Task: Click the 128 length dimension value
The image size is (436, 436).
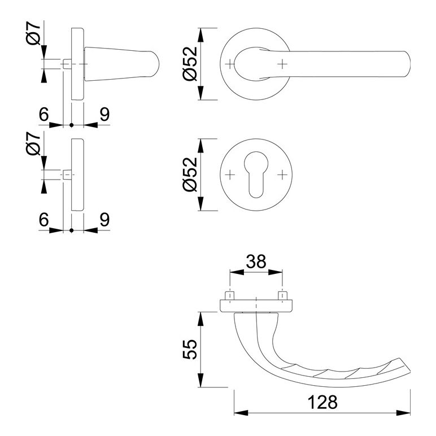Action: click(322, 402)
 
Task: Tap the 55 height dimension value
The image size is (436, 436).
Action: click(190, 349)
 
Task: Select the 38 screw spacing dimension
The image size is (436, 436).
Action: click(256, 261)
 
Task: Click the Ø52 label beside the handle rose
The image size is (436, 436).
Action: click(190, 64)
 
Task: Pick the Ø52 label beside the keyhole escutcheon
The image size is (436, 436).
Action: click(190, 175)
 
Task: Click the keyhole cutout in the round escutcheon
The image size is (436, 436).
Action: click(256, 175)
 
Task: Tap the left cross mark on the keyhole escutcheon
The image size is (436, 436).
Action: click(230, 175)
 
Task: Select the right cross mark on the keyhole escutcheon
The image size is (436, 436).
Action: click(282, 175)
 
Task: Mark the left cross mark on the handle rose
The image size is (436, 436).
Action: click(230, 64)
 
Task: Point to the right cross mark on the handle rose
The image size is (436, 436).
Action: click(282, 64)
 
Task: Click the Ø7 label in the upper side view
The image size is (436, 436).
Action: click(33, 34)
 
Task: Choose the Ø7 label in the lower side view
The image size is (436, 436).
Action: click(33, 143)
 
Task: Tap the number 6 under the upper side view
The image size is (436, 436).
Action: click(43, 114)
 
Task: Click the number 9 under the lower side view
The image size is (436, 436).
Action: click(104, 220)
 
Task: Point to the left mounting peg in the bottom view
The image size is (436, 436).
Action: click(230, 295)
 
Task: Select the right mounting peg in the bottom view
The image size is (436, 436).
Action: click(282, 295)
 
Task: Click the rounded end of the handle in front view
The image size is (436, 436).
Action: click(407, 64)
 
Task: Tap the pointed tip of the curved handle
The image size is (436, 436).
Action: click(410, 372)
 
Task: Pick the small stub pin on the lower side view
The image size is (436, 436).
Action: click(67, 175)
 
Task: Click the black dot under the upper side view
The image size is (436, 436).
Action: click(72, 125)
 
